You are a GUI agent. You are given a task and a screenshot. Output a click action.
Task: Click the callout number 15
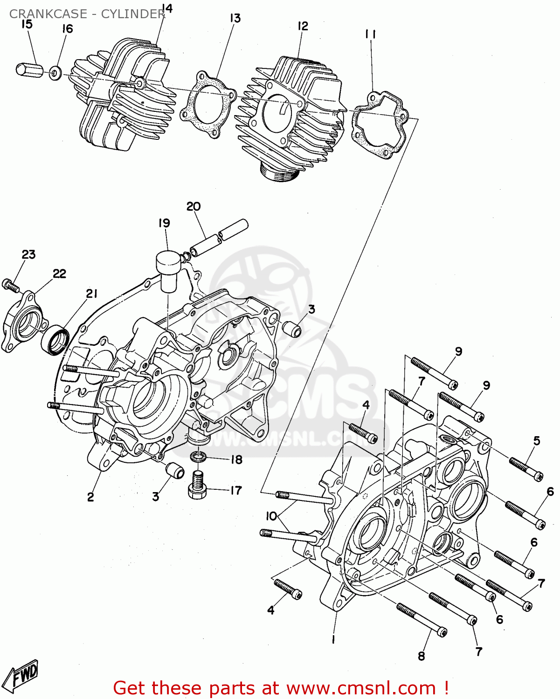point(27,24)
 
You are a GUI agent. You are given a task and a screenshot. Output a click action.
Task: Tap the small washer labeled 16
point(55,73)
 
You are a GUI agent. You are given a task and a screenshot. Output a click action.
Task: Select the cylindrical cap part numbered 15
point(29,69)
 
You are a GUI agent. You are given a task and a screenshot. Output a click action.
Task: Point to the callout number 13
point(235,18)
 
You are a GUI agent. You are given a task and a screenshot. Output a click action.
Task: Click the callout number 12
point(303,26)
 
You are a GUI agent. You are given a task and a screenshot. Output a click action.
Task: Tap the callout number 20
point(194,206)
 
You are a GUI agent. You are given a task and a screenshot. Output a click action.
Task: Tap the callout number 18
point(236,460)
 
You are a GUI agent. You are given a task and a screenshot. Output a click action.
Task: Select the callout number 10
point(271,516)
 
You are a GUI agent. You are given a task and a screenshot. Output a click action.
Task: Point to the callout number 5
point(537,440)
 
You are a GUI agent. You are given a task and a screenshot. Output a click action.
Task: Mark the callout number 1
point(333,640)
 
